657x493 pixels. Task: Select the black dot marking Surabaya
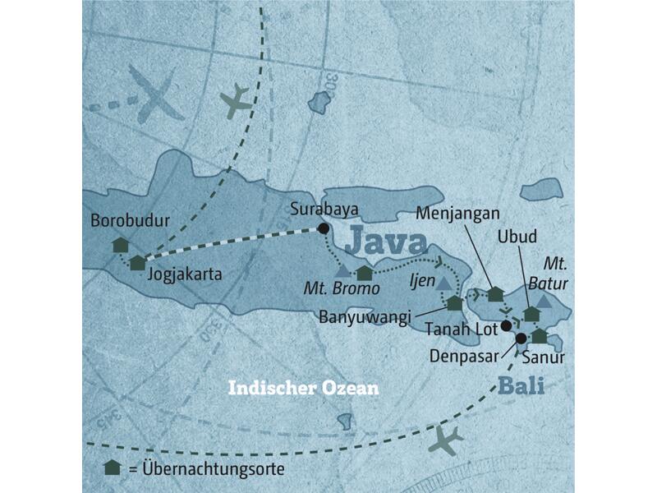(x=324, y=228)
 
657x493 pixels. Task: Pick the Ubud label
(x=517, y=237)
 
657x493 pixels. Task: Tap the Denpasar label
(x=462, y=355)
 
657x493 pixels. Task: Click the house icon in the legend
(x=113, y=468)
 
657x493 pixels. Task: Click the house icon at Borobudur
(x=120, y=245)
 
